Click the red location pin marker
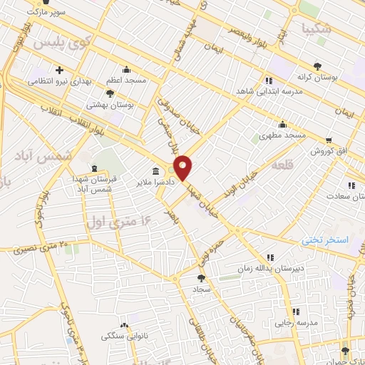coord(183,168)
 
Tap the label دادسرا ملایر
coord(137,182)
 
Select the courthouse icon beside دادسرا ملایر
coord(155,171)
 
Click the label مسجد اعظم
coord(126,81)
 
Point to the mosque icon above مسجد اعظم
coord(126,70)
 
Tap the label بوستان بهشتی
coord(110,104)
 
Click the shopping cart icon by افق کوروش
coord(328,140)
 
